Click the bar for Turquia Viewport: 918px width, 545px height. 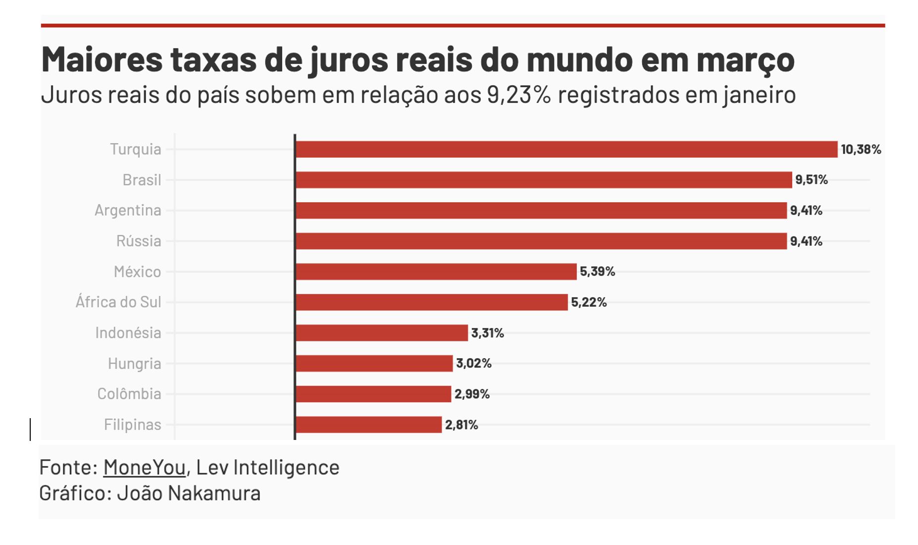(566, 149)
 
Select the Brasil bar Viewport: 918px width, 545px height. (543, 180)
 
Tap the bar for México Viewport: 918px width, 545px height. (436, 272)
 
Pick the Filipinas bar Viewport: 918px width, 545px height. (368, 425)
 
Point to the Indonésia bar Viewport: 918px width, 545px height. (381, 333)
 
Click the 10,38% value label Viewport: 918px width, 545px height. (861, 149)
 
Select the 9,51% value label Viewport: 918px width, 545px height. (811, 180)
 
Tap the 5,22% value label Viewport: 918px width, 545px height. (588, 302)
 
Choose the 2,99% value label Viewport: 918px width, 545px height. (472, 394)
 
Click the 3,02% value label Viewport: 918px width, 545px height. (473, 363)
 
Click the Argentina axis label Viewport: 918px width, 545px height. (128, 211)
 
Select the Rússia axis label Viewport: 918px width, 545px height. (138, 241)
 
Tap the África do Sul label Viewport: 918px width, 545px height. (118, 302)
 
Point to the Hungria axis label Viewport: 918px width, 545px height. (134, 364)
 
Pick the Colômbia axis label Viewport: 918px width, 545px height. (129, 394)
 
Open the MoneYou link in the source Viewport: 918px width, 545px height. (144, 467)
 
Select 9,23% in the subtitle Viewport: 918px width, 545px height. (518, 95)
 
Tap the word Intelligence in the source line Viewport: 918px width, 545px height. (286, 467)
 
